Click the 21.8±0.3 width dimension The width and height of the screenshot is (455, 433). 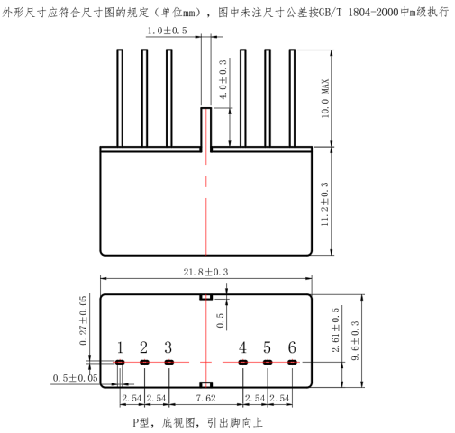pyautogui.click(x=205, y=272)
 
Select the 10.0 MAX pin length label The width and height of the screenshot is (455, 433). pyautogui.click(x=325, y=98)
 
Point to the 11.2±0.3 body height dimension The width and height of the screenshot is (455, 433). pyautogui.click(x=324, y=204)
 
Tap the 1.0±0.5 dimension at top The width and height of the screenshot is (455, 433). pyautogui.click(x=167, y=31)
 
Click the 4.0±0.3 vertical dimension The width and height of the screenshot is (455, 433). pyautogui.click(x=223, y=79)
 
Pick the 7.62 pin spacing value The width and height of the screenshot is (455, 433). pyautogui.click(x=205, y=398)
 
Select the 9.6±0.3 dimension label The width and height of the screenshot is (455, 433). pyautogui.click(x=355, y=340)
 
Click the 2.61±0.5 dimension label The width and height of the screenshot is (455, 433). pyautogui.click(x=335, y=329)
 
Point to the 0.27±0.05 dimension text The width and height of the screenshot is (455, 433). pyautogui.click(x=83, y=320)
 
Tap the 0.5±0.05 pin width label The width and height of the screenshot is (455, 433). pyautogui.click(x=75, y=378)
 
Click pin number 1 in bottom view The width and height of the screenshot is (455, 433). pyautogui.click(x=120, y=347)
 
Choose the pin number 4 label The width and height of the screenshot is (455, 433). pyautogui.click(x=242, y=347)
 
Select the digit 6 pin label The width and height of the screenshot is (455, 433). pyautogui.click(x=292, y=347)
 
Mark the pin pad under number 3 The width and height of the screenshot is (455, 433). pyautogui.click(x=169, y=362)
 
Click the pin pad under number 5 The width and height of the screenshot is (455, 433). pyautogui.click(x=268, y=362)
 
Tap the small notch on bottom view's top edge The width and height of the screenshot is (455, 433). pyautogui.click(x=206, y=297)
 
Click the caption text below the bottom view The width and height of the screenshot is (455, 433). pyautogui.click(x=197, y=423)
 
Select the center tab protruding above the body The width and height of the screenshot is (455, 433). pyautogui.click(x=206, y=130)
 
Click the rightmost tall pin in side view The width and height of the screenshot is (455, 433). pyautogui.click(x=292, y=98)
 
